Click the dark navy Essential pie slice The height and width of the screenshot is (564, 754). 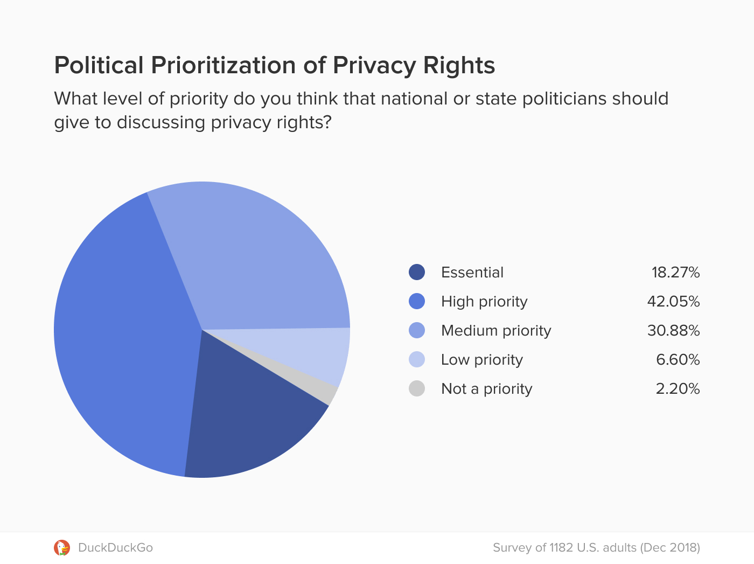248,426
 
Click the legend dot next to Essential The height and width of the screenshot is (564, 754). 417,272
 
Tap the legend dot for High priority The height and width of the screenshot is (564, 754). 417,301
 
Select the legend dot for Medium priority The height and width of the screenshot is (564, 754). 417,330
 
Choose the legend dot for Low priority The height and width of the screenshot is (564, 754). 417,359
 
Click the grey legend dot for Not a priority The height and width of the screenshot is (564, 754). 417,388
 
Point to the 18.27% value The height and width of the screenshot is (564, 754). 675,272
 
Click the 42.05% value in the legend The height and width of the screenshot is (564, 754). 673,301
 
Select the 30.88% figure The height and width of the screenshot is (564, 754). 673,330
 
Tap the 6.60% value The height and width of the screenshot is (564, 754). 678,359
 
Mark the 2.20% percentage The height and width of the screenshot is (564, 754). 678,388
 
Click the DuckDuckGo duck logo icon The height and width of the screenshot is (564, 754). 62,547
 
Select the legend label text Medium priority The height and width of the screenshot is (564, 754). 496,330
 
